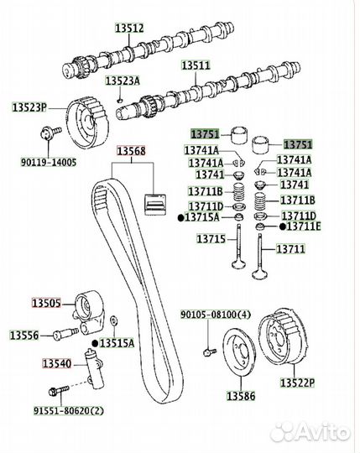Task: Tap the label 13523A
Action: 123,81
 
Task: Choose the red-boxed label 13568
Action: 131,151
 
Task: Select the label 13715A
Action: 201,217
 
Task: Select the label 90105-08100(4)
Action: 216,315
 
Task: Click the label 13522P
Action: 297,383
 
